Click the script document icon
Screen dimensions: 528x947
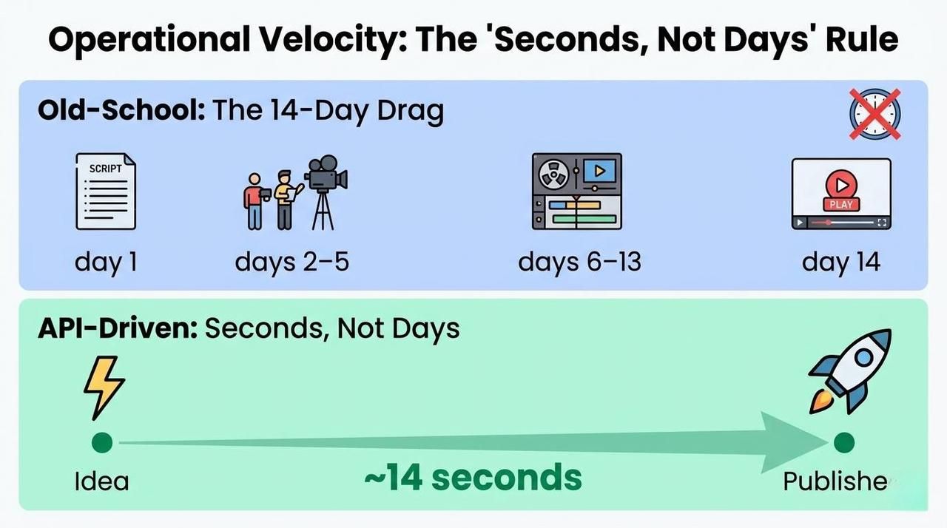[x=106, y=191]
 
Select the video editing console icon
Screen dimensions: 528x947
[x=577, y=191]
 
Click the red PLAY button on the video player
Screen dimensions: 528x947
[x=841, y=194]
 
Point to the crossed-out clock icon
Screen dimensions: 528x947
[x=874, y=114]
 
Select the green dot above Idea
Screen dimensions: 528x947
[x=102, y=443]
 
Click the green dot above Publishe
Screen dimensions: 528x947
[x=843, y=443]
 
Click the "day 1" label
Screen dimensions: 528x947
[x=106, y=262]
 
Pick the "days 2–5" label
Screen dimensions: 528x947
[x=291, y=262]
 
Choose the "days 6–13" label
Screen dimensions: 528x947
[x=579, y=262]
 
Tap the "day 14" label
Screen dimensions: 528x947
[x=841, y=262]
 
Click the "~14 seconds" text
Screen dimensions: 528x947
[x=473, y=477]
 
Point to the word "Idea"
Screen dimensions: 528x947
[x=102, y=481]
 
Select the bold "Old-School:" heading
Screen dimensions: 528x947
[x=121, y=112]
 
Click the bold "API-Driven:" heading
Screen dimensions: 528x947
[x=117, y=328]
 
